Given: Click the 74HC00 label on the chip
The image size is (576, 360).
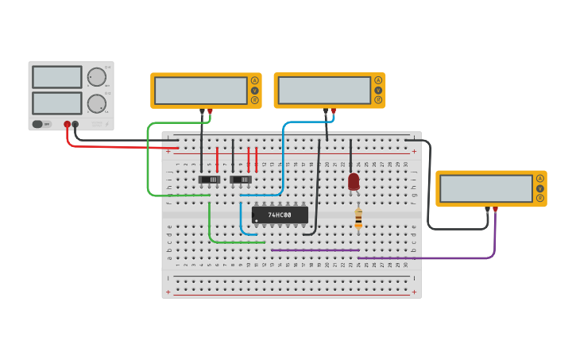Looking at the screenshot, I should pos(280,215).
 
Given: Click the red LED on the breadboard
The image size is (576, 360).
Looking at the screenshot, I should pos(354,182).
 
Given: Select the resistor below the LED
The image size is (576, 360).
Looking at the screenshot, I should pos(358,219).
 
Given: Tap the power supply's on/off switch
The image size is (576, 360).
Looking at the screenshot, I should pos(41,124).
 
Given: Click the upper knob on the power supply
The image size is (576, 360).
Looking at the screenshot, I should pos(96,77).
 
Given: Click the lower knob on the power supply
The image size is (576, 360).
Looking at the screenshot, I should pos(96,103).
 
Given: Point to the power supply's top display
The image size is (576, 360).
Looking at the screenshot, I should pos(56,77).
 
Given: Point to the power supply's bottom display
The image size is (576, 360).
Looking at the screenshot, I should pos(56,103).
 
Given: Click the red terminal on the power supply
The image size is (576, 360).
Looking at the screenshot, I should pos(68,124).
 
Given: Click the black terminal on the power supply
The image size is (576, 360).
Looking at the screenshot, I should pos(75,124).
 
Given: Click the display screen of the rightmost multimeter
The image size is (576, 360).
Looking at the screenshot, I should pos(486,188).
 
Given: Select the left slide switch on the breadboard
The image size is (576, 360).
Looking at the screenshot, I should pos(209,180).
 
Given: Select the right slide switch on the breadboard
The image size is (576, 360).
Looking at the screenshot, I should pos(241,180).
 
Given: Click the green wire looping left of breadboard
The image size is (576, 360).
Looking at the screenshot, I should pos(148,159).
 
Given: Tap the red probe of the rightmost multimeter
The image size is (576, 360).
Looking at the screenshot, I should pos(495,210).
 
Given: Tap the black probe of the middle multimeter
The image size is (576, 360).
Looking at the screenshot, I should pos(326,111).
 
